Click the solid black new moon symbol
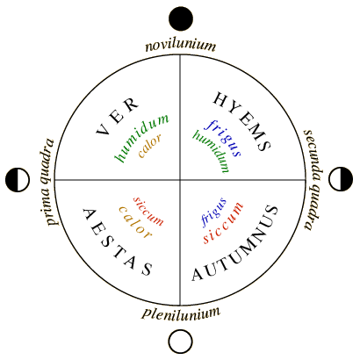coord(181,18)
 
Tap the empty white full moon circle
coord(181,342)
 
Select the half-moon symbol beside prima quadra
coord(18,180)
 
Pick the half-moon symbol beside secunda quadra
coord(341,179)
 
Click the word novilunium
coord(181,46)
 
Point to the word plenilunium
coord(181,313)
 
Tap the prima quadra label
coord(47,182)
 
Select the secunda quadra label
coord(313,179)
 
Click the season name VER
coord(118,116)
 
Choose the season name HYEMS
coord(242,120)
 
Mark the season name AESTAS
coord(118,242)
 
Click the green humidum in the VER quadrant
coord(141,138)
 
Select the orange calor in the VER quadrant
coord(150,146)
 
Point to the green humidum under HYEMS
coord(212,151)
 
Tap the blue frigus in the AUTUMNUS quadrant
coord(213,212)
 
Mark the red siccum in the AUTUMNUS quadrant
coord(223,223)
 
